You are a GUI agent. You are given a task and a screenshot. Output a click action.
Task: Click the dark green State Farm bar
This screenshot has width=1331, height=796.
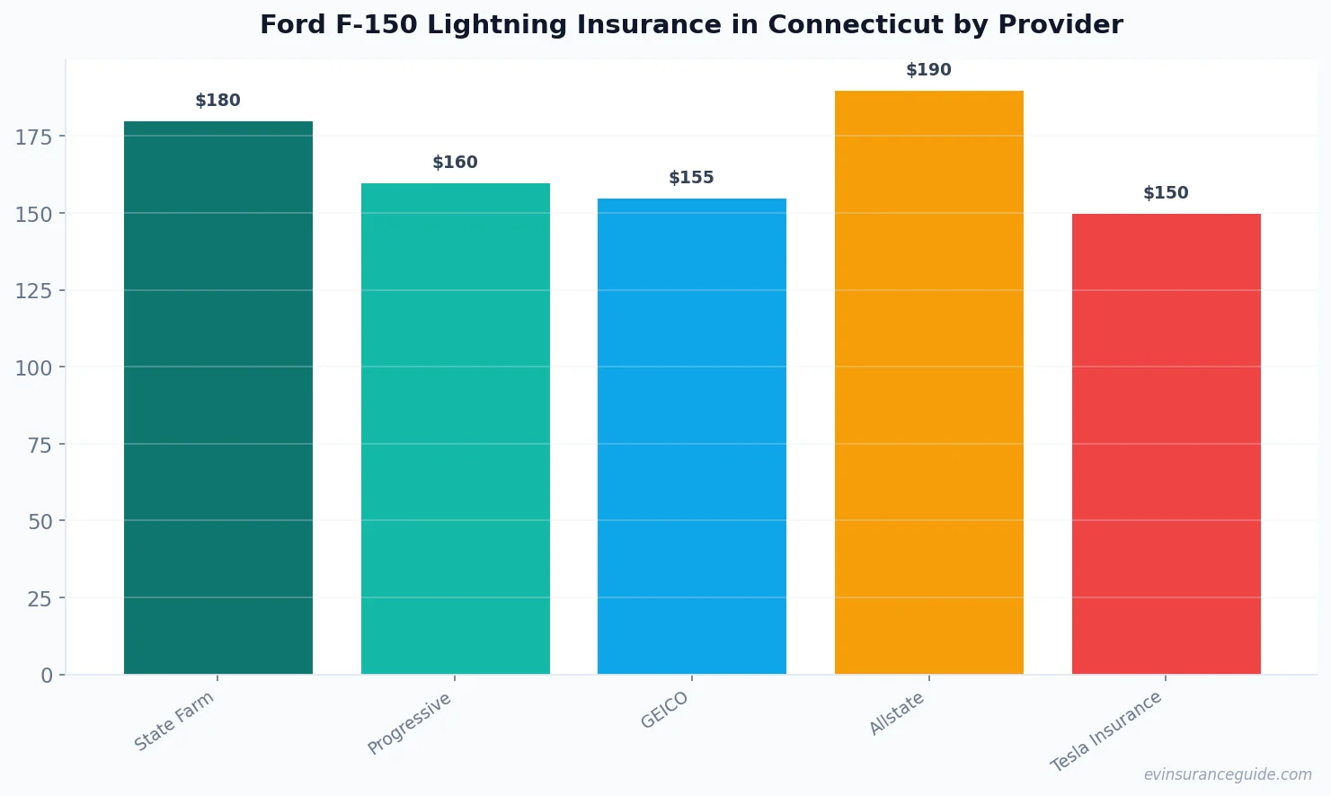pyautogui.click(x=218, y=397)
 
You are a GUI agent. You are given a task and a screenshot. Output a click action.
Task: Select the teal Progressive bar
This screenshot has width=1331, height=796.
pyautogui.click(x=455, y=429)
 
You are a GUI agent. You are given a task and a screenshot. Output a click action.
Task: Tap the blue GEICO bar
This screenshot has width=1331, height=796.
pyautogui.click(x=691, y=436)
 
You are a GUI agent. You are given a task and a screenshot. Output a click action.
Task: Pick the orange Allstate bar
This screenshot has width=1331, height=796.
pyautogui.click(x=928, y=382)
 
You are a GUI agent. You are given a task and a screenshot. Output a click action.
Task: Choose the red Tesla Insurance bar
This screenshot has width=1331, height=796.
pyautogui.click(x=1166, y=444)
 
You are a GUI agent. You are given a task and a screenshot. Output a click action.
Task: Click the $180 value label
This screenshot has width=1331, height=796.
pyautogui.click(x=218, y=101)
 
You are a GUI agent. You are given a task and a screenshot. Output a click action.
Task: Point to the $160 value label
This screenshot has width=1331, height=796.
pyautogui.click(x=455, y=163)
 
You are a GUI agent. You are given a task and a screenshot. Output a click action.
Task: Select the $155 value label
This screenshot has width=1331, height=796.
pyautogui.click(x=691, y=178)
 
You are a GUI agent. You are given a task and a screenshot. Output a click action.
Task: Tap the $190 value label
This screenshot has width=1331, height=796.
pyautogui.click(x=928, y=70)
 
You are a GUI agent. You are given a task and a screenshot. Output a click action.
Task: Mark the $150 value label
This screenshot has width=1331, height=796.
pyautogui.click(x=1166, y=193)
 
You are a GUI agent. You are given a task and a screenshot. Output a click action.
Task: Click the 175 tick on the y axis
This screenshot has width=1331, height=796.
pyautogui.click(x=34, y=137)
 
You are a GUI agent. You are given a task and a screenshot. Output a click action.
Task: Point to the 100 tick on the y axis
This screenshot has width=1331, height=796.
pyautogui.click(x=34, y=367)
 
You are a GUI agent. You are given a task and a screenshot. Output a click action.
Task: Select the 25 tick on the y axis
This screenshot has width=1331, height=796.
pyautogui.click(x=40, y=598)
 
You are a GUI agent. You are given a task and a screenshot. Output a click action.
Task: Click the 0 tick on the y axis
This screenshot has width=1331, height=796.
pyautogui.click(x=47, y=676)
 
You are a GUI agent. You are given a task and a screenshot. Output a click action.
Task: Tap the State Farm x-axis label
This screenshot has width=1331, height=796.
pyautogui.click(x=174, y=721)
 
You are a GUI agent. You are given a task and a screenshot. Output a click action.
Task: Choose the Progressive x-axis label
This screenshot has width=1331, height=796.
pyautogui.click(x=410, y=723)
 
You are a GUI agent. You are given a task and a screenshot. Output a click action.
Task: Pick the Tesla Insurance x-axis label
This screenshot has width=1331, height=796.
pyautogui.click(x=1106, y=731)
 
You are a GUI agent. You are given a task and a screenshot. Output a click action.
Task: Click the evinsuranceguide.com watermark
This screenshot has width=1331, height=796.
pyautogui.click(x=1228, y=774)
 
